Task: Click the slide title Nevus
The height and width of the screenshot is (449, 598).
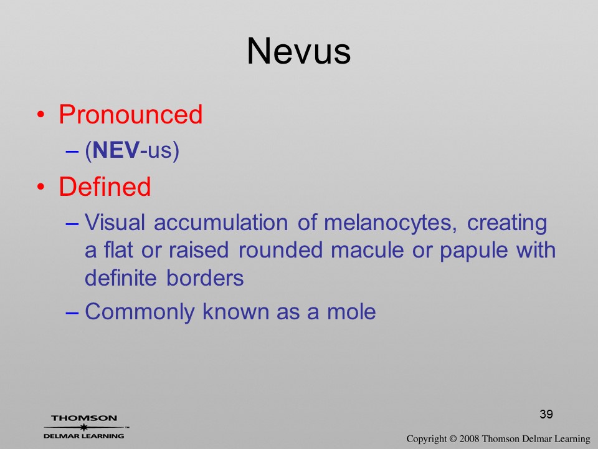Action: click(298, 51)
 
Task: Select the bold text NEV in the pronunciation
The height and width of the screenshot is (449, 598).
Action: click(116, 150)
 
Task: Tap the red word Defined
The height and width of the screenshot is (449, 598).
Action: click(105, 186)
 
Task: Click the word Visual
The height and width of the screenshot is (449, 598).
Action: click(115, 222)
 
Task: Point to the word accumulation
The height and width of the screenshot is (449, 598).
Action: click(221, 222)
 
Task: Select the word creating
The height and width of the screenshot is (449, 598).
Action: click(507, 223)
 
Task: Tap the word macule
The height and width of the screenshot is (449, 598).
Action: click(368, 251)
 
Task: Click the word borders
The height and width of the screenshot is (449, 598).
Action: click(205, 278)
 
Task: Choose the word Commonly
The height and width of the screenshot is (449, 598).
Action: click(140, 312)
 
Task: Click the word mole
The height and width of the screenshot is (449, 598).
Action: click(351, 312)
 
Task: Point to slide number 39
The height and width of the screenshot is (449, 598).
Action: click(546, 414)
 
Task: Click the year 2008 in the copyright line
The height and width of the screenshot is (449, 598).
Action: click(469, 438)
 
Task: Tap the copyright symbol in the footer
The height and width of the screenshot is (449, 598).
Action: click(453, 438)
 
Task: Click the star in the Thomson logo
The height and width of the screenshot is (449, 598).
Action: click(83, 427)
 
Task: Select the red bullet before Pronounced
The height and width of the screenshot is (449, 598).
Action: click(41, 115)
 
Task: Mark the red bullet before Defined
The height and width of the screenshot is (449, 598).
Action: click(41, 186)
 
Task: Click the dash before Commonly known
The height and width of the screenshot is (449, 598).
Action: click(72, 312)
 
